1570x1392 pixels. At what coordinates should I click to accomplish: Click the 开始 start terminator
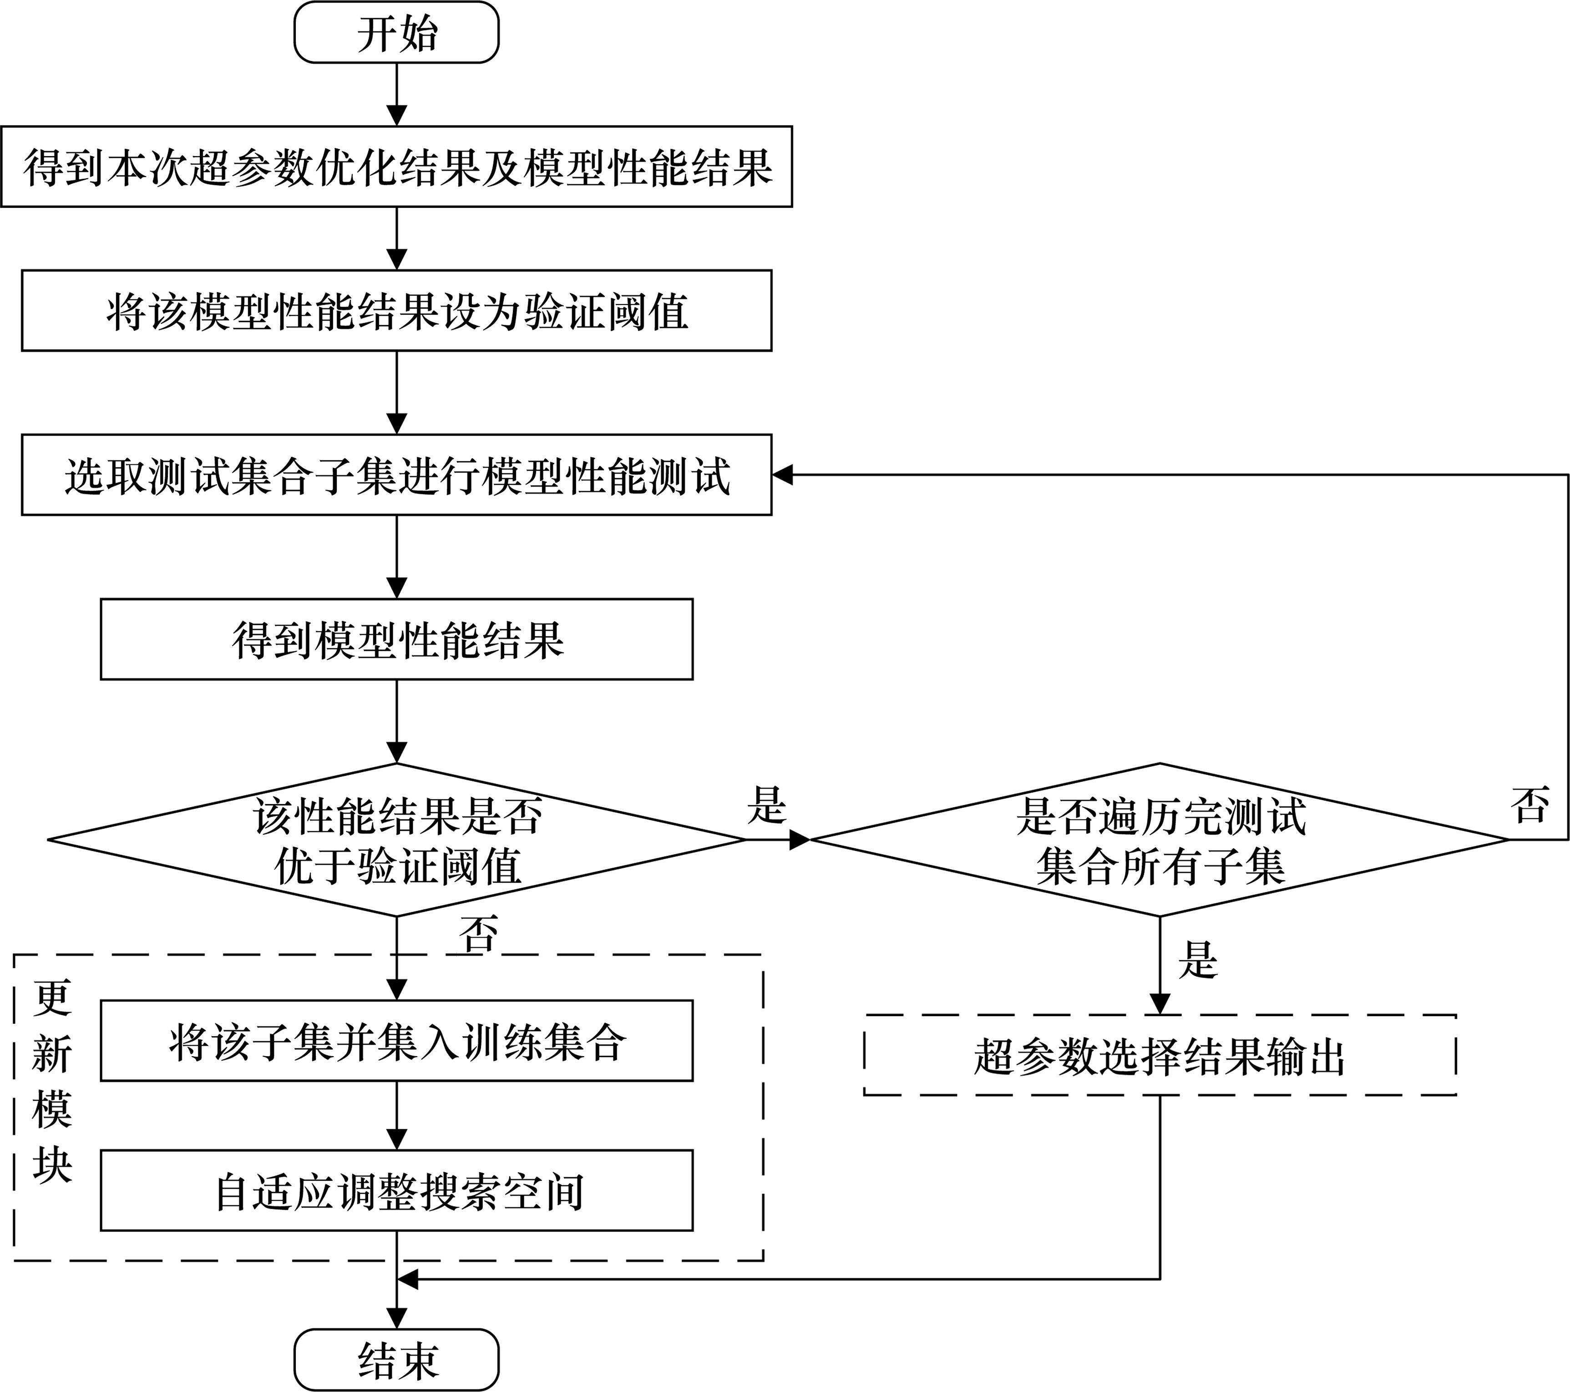point(396,32)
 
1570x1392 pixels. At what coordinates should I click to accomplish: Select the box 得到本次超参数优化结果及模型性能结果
point(396,167)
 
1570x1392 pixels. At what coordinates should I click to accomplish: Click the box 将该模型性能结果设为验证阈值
point(396,310)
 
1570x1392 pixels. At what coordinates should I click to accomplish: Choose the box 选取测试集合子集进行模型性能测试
point(396,475)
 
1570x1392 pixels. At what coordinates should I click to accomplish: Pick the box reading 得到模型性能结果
point(396,639)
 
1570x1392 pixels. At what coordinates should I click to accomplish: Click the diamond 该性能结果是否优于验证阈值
point(396,840)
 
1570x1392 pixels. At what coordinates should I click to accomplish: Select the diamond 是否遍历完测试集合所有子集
point(1160,840)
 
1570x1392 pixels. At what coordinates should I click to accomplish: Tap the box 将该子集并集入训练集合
point(396,1041)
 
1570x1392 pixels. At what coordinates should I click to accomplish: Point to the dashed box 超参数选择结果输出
point(1160,1055)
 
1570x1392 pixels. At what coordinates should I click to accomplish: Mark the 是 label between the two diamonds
point(766,805)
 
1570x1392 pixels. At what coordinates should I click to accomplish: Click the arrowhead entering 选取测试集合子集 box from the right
point(782,475)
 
